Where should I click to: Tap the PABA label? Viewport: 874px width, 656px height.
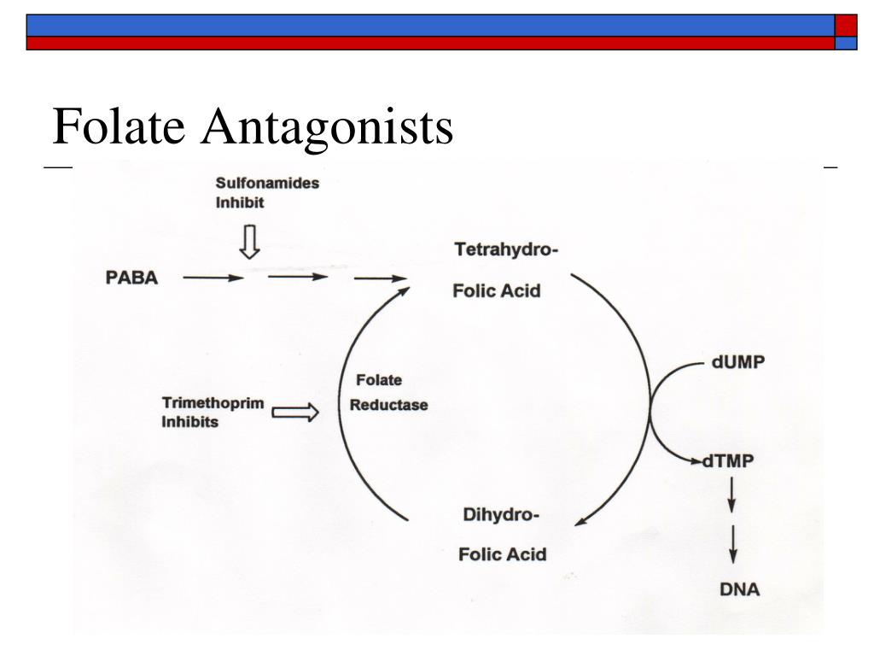point(131,278)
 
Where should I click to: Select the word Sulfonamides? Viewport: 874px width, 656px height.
point(267,183)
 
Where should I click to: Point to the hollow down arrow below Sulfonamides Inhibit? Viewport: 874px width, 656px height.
point(249,241)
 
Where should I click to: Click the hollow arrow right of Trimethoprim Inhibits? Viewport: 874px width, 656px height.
point(295,413)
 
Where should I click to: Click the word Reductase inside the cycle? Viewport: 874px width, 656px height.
point(388,405)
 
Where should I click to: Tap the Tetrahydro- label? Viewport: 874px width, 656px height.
point(506,250)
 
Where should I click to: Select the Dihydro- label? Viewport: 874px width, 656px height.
point(501,515)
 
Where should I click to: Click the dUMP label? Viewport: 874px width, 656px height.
point(739,361)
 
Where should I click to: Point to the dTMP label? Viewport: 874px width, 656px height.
point(728,461)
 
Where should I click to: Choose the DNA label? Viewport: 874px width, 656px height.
point(738,589)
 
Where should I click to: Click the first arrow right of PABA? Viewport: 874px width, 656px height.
point(213,278)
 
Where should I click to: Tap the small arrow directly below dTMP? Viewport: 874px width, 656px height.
point(731,495)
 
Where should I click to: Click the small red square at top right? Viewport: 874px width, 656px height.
point(846,25)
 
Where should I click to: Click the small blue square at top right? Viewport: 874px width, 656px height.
point(846,44)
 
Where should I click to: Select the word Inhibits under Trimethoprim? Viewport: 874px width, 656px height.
point(190,422)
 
